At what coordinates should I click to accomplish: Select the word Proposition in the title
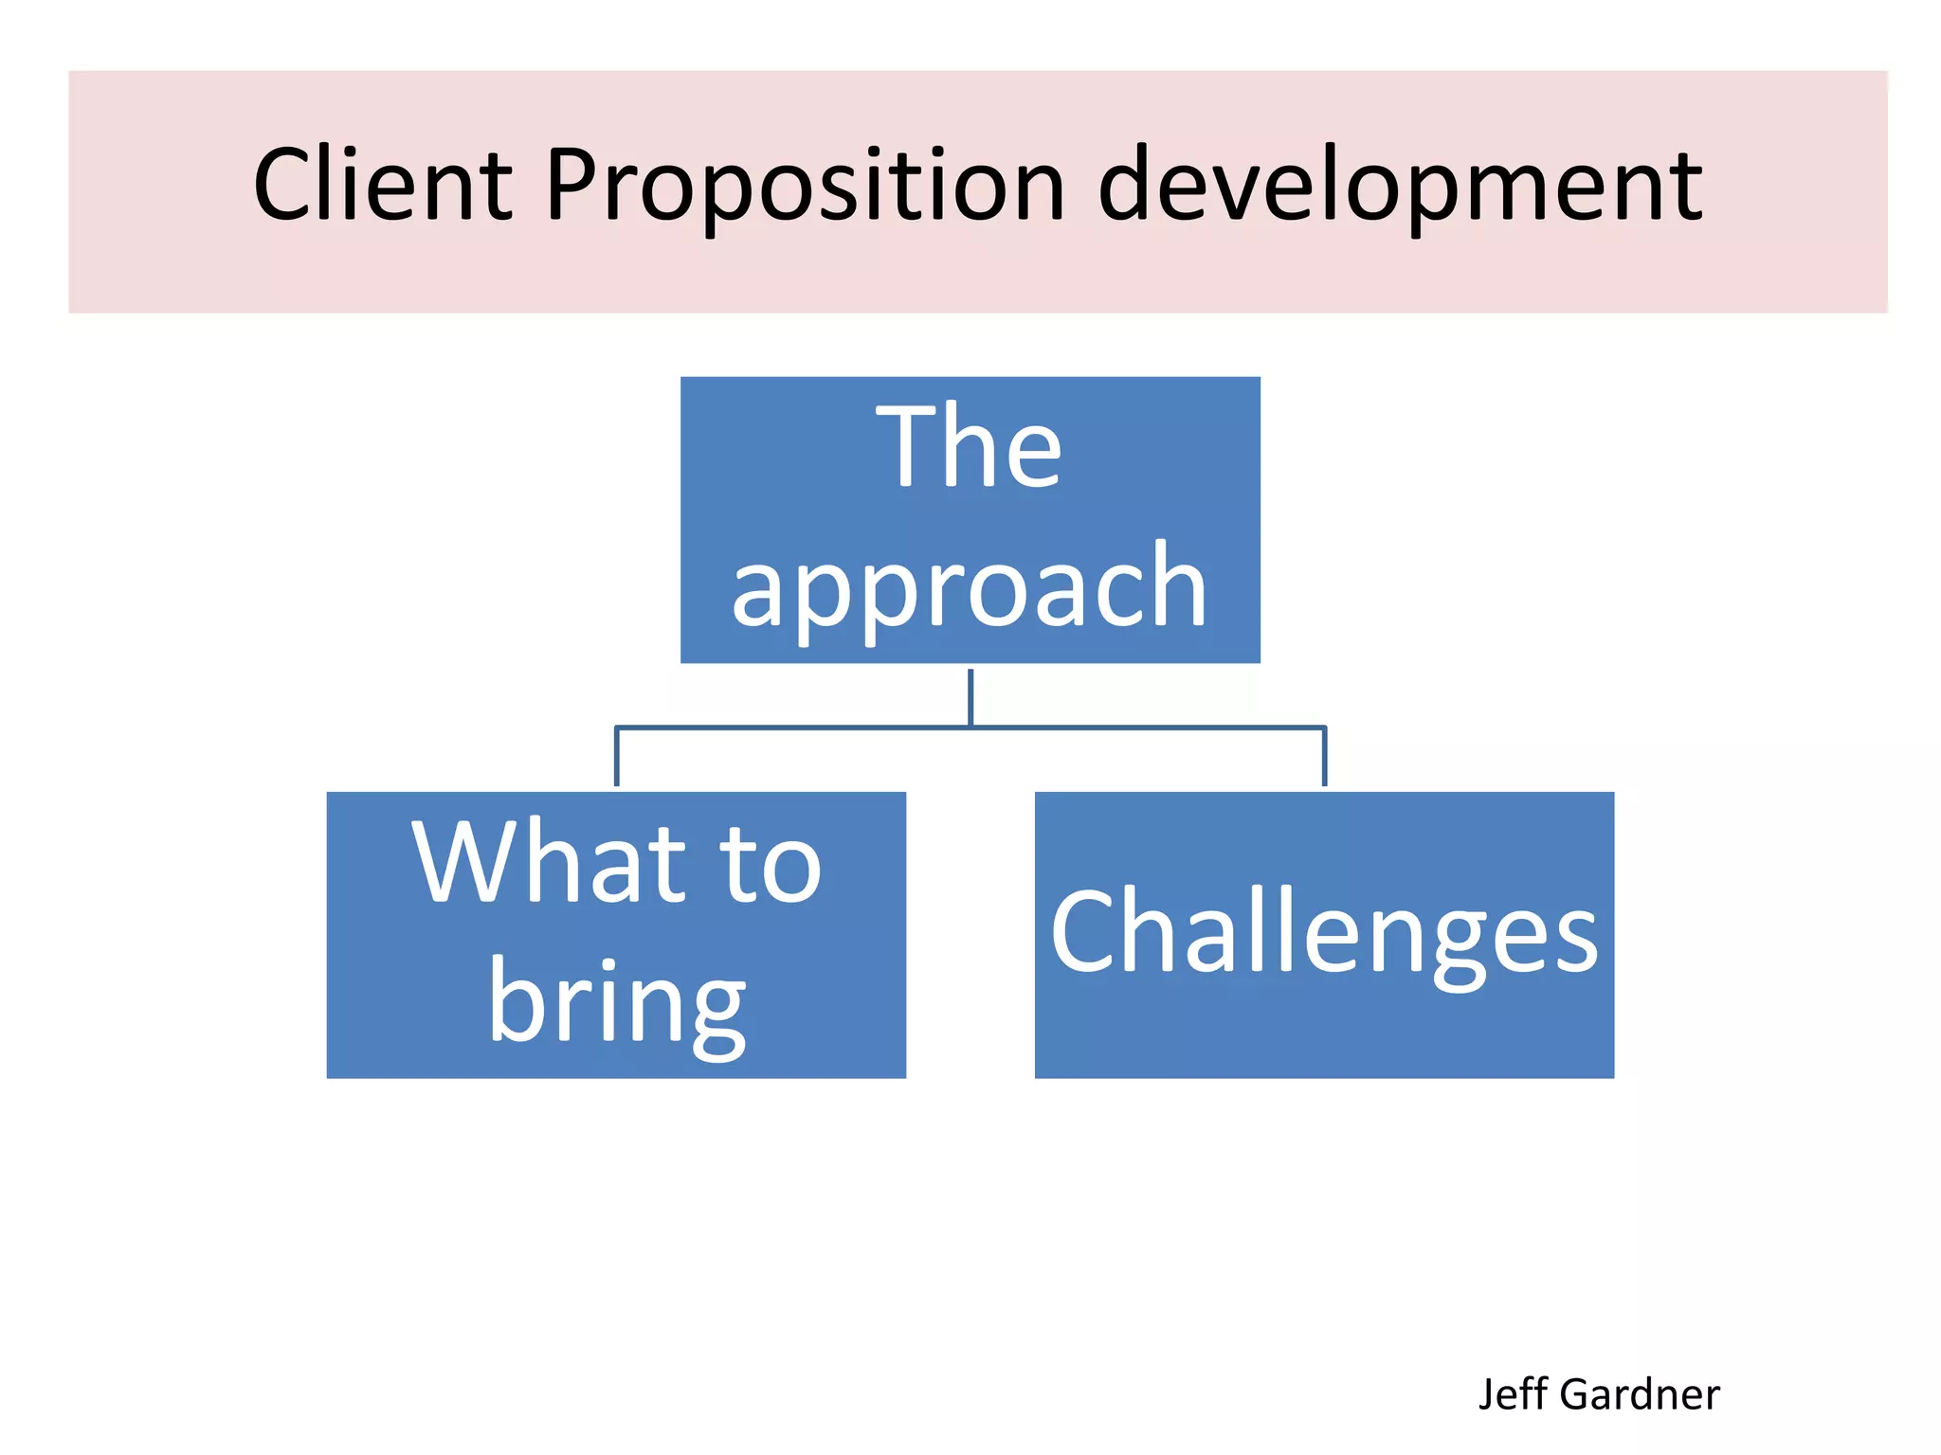click(805, 186)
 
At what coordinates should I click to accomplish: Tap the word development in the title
click(1400, 186)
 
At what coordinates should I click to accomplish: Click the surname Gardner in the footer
click(1640, 1394)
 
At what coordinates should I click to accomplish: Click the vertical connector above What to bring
click(617, 756)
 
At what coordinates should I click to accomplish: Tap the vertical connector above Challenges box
click(1324, 756)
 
